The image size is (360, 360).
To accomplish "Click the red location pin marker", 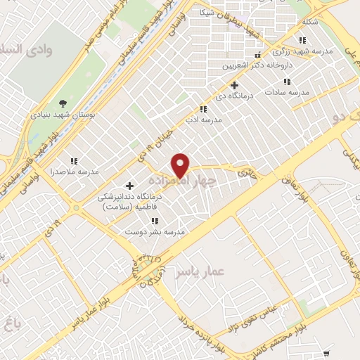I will (181, 165).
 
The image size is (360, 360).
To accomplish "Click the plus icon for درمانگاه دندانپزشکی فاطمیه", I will (129, 186).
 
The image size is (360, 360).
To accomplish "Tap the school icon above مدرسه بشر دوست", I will (154, 221).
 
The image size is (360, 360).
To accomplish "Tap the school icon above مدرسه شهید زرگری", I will (302, 41).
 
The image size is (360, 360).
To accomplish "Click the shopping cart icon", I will (326, 353).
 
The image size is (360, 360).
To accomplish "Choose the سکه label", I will (309, 21).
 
